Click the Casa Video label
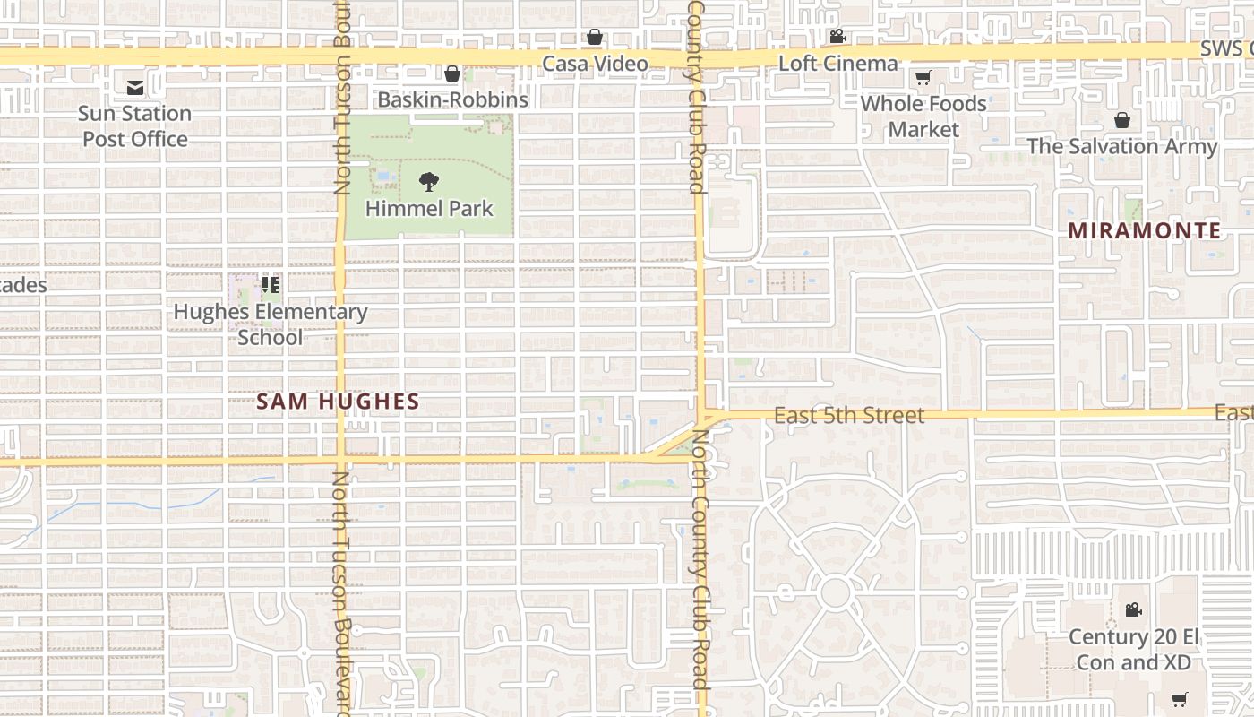click(x=595, y=64)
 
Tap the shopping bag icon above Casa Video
click(x=594, y=37)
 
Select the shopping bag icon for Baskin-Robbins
click(x=452, y=73)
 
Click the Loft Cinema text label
click(x=837, y=63)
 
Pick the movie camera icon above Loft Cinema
click(x=837, y=37)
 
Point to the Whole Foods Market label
click(x=923, y=116)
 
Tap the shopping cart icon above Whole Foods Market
click(x=923, y=77)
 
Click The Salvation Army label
click(x=1121, y=146)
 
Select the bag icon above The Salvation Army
click(x=1121, y=120)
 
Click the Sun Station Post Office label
click(x=134, y=125)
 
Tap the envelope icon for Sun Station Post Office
click(x=134, y=87)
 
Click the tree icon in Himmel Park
click(x=429, y=182)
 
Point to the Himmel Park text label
click(x=429, y=209)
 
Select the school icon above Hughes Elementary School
click(x=271, y=286)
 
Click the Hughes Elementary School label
click(x=271, y=324)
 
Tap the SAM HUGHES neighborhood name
click(x=338, y=402)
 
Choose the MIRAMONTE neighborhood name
click(x=1144, y=230)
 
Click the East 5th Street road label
click(x=848, y=415)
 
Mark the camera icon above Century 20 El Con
click(x=1133, y=609)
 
